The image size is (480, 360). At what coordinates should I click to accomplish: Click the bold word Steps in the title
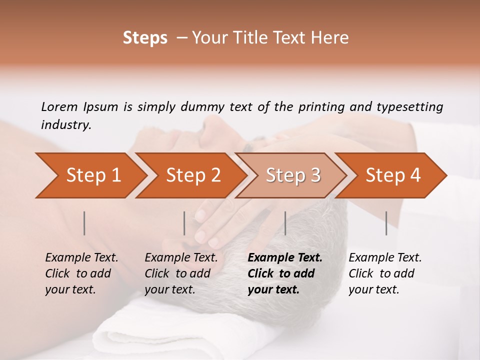click(145, 38)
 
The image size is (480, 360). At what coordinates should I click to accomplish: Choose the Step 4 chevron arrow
click(393, 175)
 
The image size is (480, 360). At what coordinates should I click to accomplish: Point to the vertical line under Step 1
click(84, 223)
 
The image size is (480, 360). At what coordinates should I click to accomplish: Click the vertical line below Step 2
click(184, 223)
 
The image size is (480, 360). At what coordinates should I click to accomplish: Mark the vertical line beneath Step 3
click(285, 223)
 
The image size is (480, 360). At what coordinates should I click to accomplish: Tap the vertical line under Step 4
click(386, 223)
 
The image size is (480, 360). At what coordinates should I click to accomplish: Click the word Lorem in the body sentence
click(59, 107)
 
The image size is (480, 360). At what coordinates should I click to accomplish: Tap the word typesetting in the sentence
click(409, 107)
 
